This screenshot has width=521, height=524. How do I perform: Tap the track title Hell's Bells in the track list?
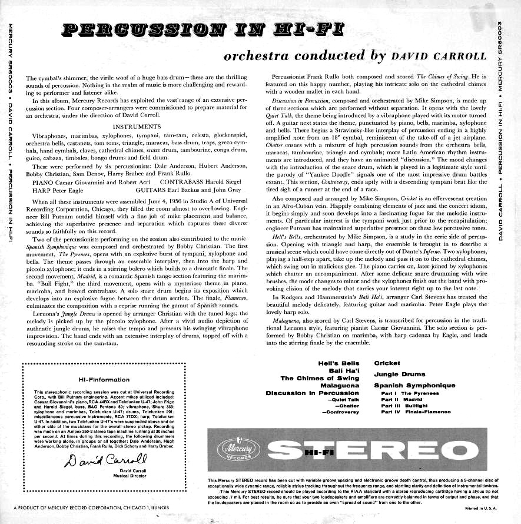click(x=339, y=363)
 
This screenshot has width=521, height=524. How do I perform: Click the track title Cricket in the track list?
click(x=387, y=363)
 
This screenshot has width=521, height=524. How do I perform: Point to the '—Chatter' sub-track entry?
click(x=346, y=406)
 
